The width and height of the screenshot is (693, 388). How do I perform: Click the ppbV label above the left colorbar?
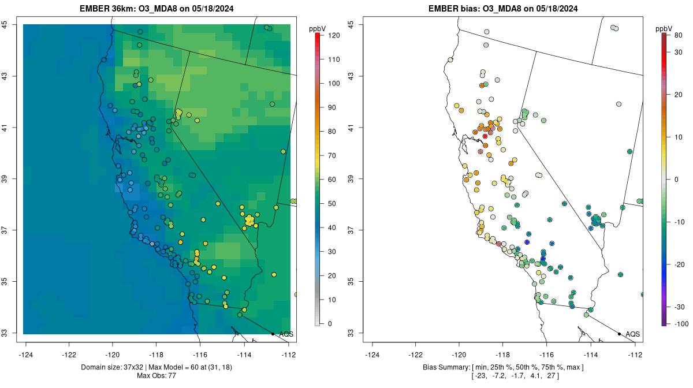coord(318,28)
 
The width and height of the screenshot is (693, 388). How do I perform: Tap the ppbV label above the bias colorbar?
coord(665,28)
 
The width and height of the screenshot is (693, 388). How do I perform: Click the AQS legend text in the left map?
coord(286,334)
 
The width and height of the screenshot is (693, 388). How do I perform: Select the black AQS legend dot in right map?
coord(619,334)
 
